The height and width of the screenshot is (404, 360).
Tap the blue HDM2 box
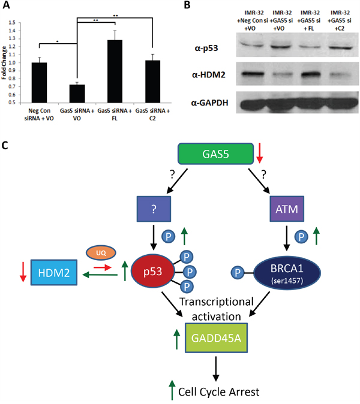click(56, 276)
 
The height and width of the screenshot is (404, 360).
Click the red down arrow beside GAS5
click(259, 155)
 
